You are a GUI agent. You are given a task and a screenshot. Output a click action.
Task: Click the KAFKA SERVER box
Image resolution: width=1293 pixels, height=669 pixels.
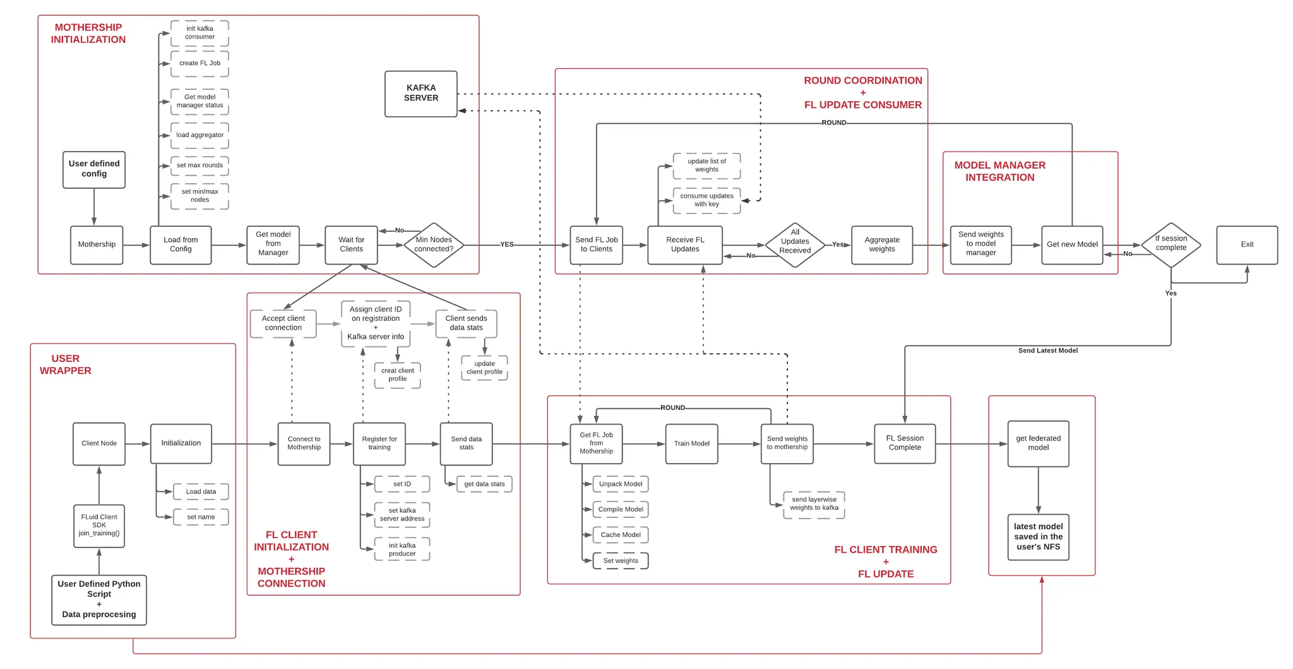click(x=420, y=93)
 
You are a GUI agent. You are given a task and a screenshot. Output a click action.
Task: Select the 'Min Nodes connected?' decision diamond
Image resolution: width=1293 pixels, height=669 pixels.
click(x=434, y=244)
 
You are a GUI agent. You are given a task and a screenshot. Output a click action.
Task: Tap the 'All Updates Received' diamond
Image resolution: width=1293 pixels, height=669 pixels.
click(x=795, y=244)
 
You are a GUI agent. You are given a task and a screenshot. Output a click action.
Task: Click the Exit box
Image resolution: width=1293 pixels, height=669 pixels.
click(x=1246, y=244)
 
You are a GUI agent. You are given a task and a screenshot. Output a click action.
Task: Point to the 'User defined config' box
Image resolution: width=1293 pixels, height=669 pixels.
click(x=94, y=169)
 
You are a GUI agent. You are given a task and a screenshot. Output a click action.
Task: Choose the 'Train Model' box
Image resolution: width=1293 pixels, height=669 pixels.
click(x=691, y=443)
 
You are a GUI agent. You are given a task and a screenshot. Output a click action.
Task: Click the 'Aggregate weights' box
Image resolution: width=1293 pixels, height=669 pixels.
click(x=881, y=244)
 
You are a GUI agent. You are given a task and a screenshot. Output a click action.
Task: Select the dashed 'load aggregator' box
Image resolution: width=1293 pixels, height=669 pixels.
click(x=200, y=135)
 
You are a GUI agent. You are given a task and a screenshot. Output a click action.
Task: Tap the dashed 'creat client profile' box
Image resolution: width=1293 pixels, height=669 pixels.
click(x=397, y=375)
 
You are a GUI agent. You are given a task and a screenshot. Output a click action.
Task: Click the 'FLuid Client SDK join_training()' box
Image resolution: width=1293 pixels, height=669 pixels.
click(x=99, y=525)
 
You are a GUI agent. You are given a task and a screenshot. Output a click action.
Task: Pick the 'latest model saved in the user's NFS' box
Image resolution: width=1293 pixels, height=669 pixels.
click(x=1038, y=536)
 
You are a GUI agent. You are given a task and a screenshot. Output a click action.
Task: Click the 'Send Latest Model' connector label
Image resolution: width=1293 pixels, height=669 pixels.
click(x=1047, y=351)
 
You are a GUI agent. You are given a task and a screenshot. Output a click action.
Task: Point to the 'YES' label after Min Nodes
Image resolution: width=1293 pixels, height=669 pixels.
click(x=507, y=244)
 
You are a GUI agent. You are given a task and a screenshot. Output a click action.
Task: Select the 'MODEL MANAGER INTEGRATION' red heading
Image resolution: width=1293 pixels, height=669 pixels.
click(x=999, y=171)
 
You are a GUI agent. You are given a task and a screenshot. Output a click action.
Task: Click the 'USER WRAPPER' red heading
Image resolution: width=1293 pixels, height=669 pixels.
click(x=66, y=365)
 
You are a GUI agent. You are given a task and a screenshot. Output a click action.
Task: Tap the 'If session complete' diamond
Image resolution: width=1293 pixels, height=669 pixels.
click(x=1171, y=244)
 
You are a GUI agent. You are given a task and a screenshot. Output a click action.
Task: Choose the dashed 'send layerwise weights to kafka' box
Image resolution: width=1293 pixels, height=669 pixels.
click(x=814, y=504)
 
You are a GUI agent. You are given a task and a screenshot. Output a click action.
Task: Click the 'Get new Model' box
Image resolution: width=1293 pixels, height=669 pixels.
click(x=1071, y=244)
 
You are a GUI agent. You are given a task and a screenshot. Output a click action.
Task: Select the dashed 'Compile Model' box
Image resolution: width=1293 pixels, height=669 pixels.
click(x=620, y=509)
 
